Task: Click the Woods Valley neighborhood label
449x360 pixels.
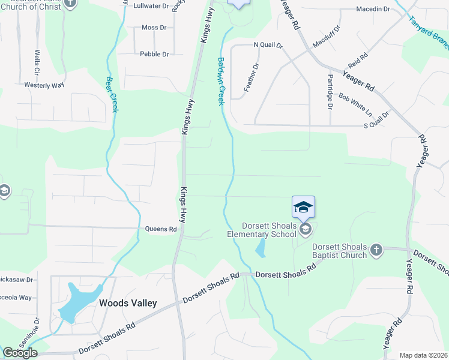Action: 128,303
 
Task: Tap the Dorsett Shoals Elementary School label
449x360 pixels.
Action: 262,230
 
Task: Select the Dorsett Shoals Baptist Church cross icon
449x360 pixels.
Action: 376,249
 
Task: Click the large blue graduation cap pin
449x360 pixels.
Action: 303,207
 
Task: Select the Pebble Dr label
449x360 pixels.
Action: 154,54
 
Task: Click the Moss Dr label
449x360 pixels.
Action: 154,28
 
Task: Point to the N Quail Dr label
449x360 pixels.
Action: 268,45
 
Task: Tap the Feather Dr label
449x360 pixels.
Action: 250,77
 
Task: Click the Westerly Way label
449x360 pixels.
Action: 44,85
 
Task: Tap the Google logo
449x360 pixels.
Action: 20,353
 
